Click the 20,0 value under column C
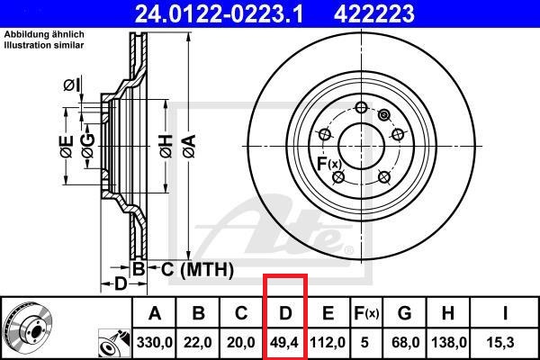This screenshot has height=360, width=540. point(242,344)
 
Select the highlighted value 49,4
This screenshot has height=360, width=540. point(285,344)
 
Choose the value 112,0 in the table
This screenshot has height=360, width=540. point(328,344)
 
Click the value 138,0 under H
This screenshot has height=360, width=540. point(448,344)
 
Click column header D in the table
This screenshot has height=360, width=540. point(285,314)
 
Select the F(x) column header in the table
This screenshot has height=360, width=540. point(366,314)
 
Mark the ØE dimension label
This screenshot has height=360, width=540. point(64,148)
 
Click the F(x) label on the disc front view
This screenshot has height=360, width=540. point(328,164)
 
